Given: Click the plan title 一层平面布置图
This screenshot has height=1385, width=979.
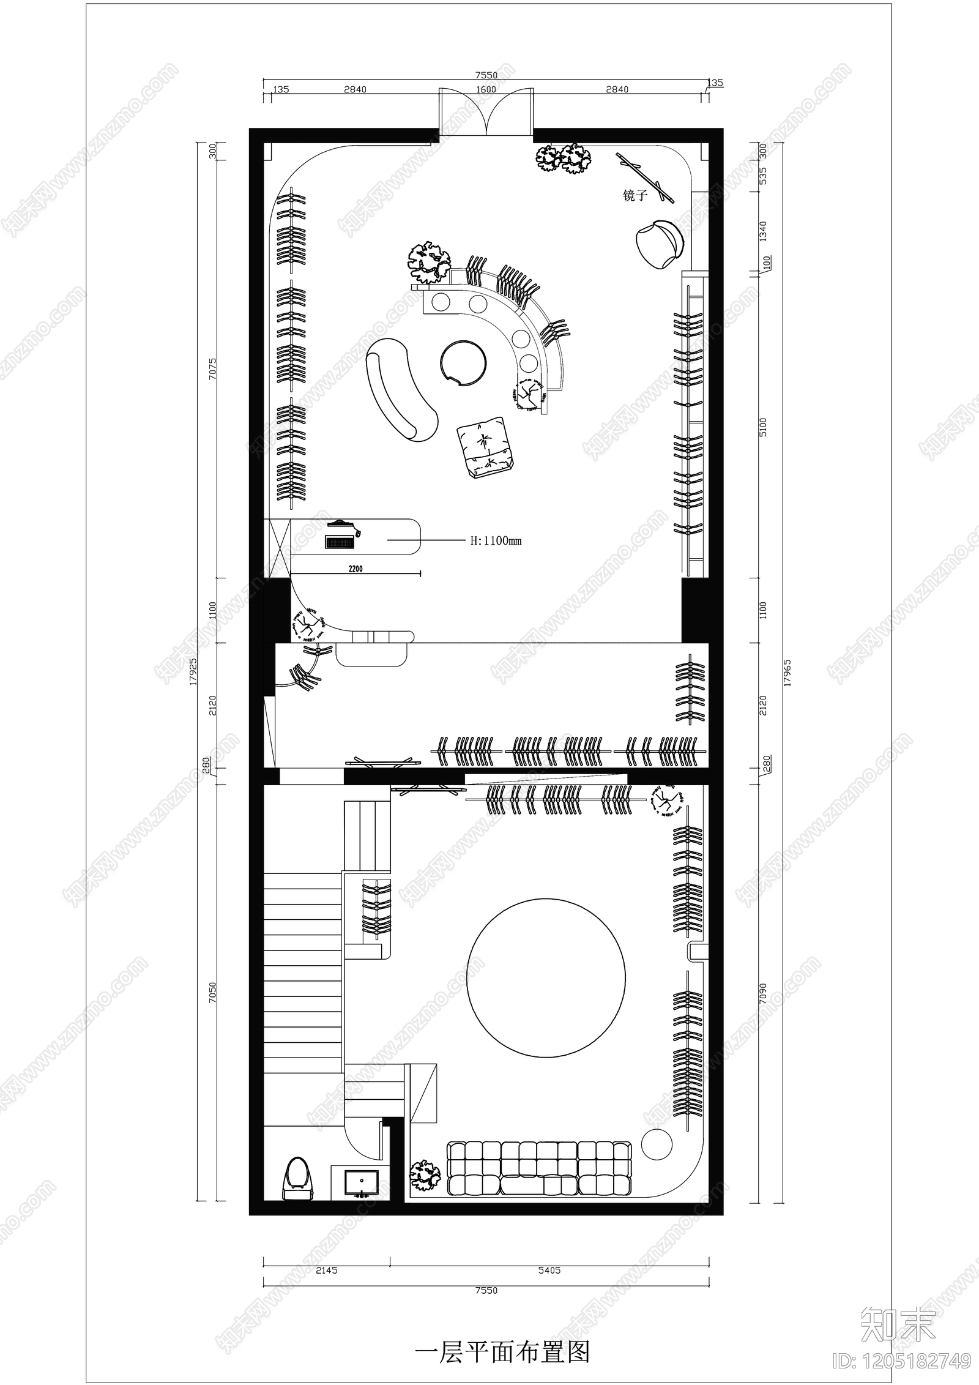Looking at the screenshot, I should (502, 1335).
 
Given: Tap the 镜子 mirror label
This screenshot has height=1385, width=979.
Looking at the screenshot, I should (635, 196).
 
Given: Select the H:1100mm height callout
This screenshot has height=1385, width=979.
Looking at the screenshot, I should (496, 541).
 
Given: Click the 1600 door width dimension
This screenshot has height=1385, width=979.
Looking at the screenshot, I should (486, 89).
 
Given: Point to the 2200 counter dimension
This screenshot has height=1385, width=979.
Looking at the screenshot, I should (355, 569).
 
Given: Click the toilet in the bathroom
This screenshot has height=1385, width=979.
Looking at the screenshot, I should (297, 1185).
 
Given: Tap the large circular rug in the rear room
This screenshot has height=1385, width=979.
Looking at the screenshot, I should (546, 977).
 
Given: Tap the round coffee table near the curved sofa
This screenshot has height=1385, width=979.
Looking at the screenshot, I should (463, 363).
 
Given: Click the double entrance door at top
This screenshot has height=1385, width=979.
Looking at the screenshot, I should (486, 113).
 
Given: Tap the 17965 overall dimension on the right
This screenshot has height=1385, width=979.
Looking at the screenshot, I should (787, 672).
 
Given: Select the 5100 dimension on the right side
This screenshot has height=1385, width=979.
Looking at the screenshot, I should (762, 427).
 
